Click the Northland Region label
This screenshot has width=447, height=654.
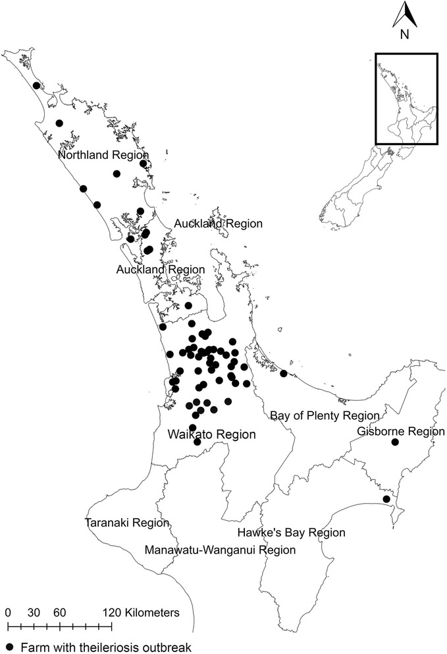[103, 154]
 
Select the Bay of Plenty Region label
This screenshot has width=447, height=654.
[325, 415]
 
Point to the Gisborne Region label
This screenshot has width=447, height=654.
[401, 432]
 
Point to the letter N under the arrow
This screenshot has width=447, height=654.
[407, 35]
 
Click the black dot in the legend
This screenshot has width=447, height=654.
[10, 647]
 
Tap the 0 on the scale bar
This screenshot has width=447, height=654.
[8, 612]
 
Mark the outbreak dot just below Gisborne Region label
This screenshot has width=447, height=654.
[395, 443]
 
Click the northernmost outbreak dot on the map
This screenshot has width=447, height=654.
[36, 85]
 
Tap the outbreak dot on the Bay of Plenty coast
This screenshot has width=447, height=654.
[284, 374]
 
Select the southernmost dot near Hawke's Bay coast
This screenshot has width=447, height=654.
[386, 499]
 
